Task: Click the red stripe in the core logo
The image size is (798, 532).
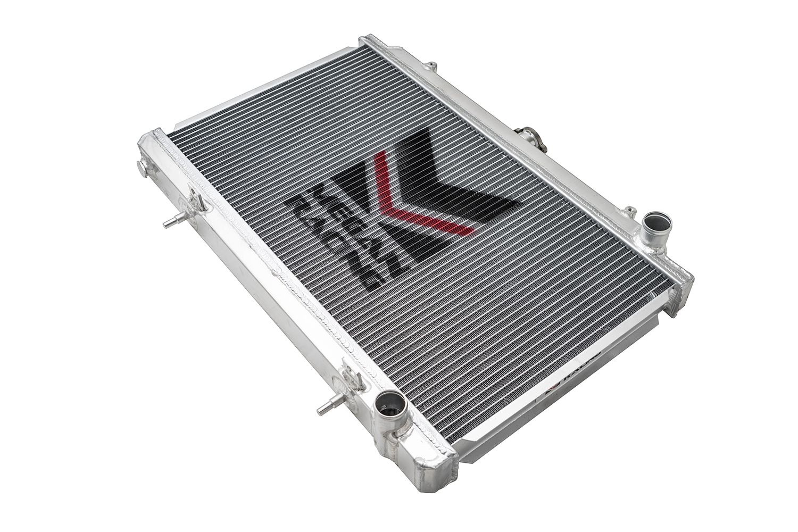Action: (x=404, y=197)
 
